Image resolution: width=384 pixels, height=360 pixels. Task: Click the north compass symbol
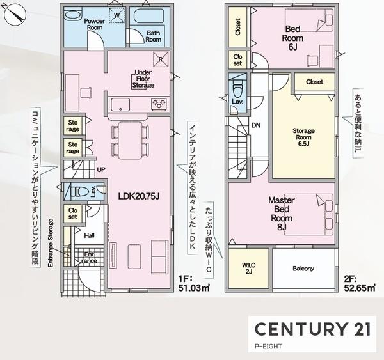tap(15, 15)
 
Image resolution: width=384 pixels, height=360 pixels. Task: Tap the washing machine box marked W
tap(117, 15)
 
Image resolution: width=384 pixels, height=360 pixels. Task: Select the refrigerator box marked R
tap(161, 59)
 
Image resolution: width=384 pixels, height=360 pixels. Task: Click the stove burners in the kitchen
tap(159, 104)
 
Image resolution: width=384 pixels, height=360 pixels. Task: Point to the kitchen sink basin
tap(120, 104)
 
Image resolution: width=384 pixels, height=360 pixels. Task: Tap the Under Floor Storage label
tap(143, 79)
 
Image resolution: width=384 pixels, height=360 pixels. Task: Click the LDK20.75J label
tap(139, 196)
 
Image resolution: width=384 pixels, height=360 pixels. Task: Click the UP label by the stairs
tap(101, 169)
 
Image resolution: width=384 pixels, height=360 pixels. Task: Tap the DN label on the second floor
tap(256, 125)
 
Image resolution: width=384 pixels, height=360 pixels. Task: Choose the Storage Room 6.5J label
tap(303, 137)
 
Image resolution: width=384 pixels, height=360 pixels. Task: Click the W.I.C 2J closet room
tap(248, 268)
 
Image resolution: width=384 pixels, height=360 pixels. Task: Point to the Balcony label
tap(303, 269)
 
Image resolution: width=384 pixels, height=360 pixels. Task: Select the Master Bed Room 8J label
tap(282, 214)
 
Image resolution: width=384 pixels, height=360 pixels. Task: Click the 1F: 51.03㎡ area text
tap(194, 284)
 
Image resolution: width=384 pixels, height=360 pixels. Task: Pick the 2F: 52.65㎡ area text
tap(360, 284)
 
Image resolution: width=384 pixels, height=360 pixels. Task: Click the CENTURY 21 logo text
tap(312, 329)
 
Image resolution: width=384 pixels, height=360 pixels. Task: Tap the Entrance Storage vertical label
tap(51, 243)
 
